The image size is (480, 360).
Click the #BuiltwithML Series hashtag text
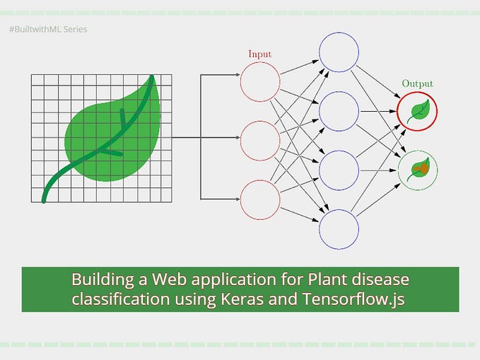[49, 30]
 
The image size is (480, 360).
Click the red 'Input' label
[259, 54]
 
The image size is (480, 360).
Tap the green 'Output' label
[417, 84]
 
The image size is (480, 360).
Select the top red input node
[259, 83]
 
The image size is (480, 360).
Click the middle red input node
[259, 140]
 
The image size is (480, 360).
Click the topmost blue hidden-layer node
[339, 53]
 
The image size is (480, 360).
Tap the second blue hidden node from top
[339, 112]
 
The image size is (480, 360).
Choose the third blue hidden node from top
[339, 170]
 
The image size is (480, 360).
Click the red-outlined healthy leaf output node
[417, 112]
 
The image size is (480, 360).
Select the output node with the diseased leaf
[417, 170]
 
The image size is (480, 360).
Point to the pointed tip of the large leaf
[155, 77]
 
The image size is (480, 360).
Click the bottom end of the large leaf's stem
[44, 200]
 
